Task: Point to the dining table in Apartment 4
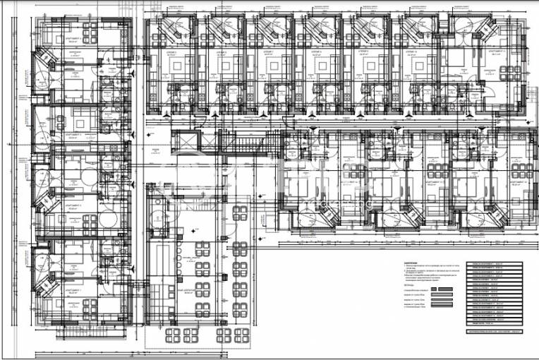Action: point(89,33)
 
